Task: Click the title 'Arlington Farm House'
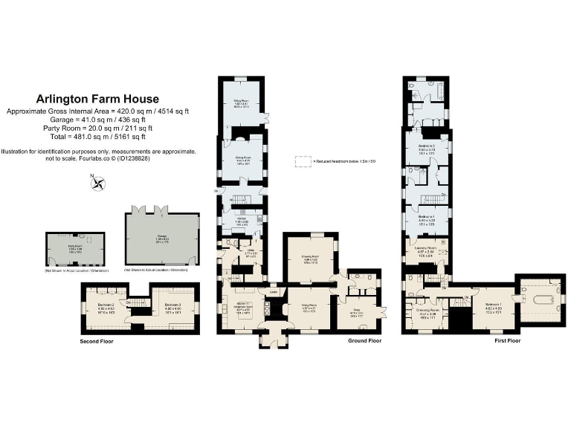(97, 99)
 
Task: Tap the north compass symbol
(95, 184)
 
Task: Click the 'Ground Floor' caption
(364, 341)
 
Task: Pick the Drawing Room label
(310, 260)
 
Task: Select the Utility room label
(251, 253)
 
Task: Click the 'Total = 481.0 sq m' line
(97, 136)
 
